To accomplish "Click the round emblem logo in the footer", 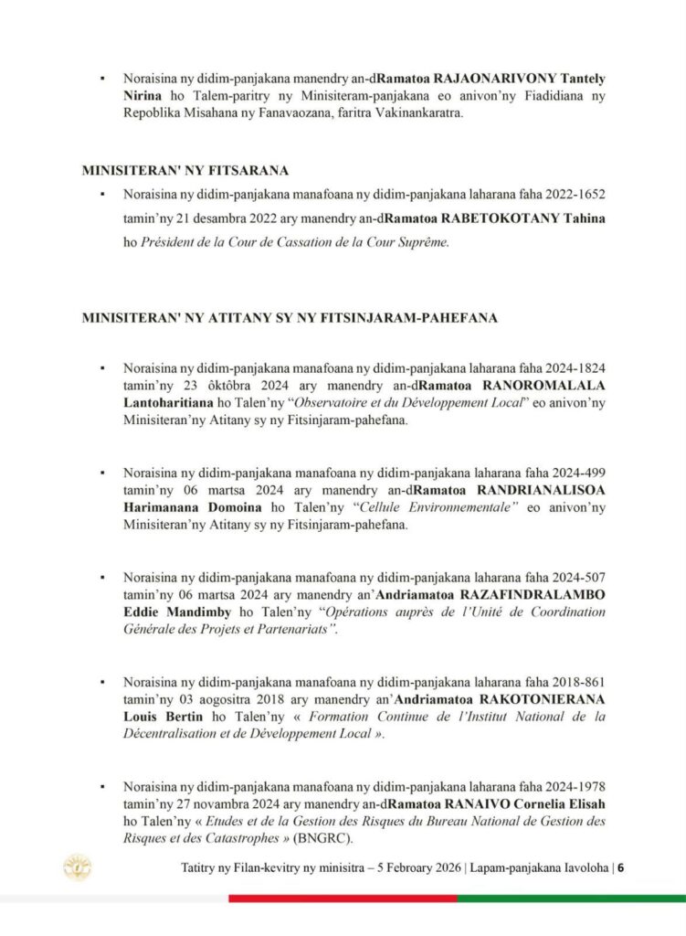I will pos(76,867).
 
